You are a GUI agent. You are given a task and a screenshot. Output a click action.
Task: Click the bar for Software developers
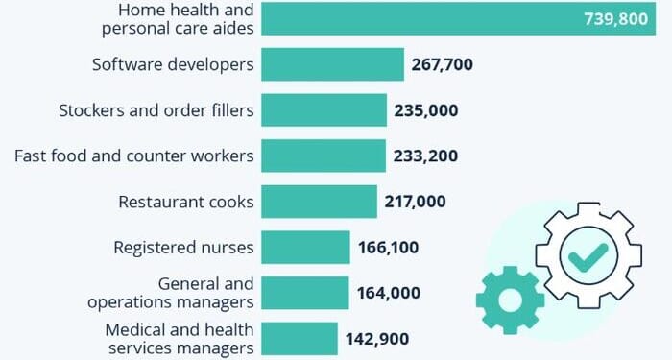332,64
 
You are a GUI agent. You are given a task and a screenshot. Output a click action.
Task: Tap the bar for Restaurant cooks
319,202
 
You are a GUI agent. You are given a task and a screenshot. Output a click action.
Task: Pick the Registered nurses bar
305,248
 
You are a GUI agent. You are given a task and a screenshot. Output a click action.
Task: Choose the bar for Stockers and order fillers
324,110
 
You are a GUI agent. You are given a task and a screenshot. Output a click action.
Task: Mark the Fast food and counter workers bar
323,156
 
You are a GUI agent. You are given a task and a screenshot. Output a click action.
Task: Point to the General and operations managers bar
305,293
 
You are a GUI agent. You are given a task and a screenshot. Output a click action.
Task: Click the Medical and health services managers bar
300,338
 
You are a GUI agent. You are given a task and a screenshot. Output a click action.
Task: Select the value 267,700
443,65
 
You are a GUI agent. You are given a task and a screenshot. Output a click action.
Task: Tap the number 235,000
425,110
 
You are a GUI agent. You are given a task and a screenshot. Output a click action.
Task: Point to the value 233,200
425,156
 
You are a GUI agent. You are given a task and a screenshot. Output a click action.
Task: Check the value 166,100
388,248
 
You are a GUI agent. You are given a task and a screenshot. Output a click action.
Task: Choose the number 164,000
388,293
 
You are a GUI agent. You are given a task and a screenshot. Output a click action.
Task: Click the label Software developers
173,65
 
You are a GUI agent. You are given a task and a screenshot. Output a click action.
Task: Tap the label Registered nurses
183,248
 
